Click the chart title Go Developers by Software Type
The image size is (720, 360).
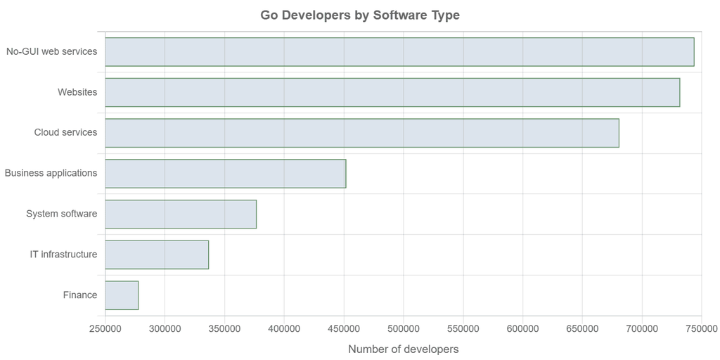tap(360, 15)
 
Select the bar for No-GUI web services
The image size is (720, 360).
tap(399, 52)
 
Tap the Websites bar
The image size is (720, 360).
tap(392, 92)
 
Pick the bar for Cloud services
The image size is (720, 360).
tap(362, 133)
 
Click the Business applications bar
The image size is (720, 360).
tap(226, 174)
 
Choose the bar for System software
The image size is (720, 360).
tap(181, 214)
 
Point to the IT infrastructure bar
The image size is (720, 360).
tap(157, 255)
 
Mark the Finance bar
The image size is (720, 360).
tap(122, 295)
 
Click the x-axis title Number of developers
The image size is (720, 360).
tap(403, 349)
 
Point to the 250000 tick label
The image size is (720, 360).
tap(105, 328)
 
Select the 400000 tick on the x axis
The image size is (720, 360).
tap(284, 328)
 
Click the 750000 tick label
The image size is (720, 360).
tap(701, 328)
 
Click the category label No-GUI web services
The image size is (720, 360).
tap(51, 51)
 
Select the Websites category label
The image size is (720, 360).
tap(77, 92)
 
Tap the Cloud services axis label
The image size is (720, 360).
tap(65, 132)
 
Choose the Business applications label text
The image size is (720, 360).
tap(51, 173)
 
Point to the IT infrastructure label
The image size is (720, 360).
tap(63, 255)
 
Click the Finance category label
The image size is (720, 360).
tap(80, 295)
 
